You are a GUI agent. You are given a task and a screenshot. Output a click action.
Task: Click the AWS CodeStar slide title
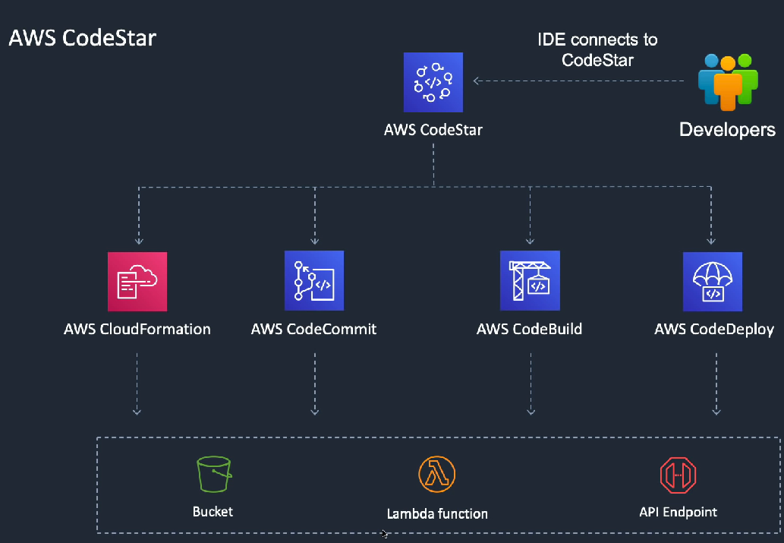pos(82,38)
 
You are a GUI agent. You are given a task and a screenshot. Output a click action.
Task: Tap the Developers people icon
pos(727,81)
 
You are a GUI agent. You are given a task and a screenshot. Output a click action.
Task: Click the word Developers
pos(727,130)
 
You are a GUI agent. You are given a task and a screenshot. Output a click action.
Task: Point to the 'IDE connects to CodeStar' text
pos(597,50)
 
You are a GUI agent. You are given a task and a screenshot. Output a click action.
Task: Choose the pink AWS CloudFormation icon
pos(137,281)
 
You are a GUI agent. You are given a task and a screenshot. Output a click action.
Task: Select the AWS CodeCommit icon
pos(313,281)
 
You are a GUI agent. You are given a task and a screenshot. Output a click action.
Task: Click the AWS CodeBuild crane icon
pos(530,281)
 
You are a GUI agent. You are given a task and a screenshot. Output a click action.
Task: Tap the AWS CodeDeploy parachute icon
pos(712,282)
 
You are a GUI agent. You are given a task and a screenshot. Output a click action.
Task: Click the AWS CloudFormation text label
pos(137,330)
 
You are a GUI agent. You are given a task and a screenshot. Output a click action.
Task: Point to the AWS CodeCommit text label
pos(313,330)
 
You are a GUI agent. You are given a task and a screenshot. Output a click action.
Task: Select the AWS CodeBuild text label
pos(530,330)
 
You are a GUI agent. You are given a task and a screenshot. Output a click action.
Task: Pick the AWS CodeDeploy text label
pos(714,330)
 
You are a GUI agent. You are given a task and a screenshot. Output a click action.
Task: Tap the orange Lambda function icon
pos(437,475)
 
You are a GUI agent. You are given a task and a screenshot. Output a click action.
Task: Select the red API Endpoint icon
pos(678,475)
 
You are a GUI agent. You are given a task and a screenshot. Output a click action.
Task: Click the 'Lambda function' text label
pos(437,513)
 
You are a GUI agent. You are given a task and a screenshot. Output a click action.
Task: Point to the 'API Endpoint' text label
pos(678,512)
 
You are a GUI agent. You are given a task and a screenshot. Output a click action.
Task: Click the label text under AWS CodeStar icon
pos(433,130)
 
